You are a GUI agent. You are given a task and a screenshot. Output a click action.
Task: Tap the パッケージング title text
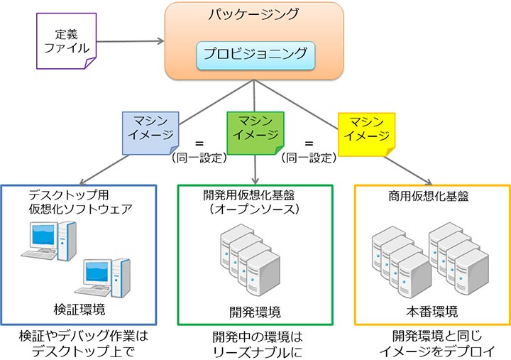(x=255, y=14)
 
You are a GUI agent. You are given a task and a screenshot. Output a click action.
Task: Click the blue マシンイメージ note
(x=150, y=130)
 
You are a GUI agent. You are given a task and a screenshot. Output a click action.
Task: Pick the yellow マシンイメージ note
(x=363, y=130)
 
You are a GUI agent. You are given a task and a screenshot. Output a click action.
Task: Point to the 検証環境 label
(x=79, y=310)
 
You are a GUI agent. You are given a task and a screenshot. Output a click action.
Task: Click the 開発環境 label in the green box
(x=255, y=312)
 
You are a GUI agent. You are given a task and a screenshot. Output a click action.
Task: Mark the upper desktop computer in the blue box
(x=50, y=241)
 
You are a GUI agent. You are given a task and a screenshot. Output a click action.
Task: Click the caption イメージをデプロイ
(x=432, y=350)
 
